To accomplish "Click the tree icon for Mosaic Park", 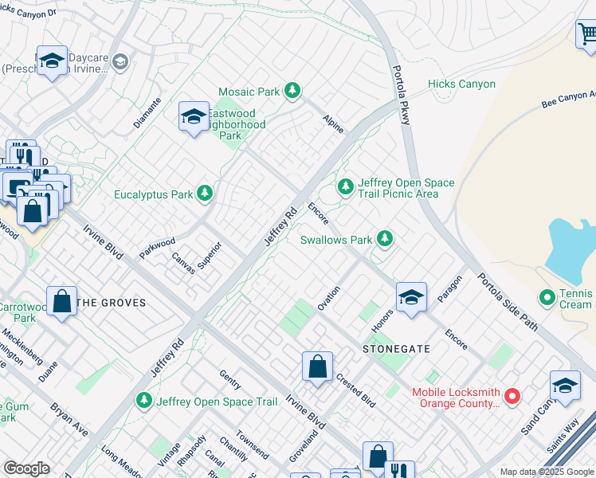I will click(292, 92).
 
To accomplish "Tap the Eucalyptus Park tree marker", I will click(205, 194).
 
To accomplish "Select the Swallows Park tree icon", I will click(385, 239).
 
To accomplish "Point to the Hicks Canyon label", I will click(461, 84).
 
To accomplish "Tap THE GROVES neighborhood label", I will click(112, 303).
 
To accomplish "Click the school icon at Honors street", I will click(411, 298).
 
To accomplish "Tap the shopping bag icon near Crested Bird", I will click(317, 367).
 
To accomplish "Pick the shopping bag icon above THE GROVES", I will click(61, 302).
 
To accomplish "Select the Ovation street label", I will click(329, 298).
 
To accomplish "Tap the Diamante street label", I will click(148, 113).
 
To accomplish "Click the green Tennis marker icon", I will click(547, 298).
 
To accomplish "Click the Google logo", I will click(26, 468).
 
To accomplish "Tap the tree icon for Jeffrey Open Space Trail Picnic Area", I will click(345, 186).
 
